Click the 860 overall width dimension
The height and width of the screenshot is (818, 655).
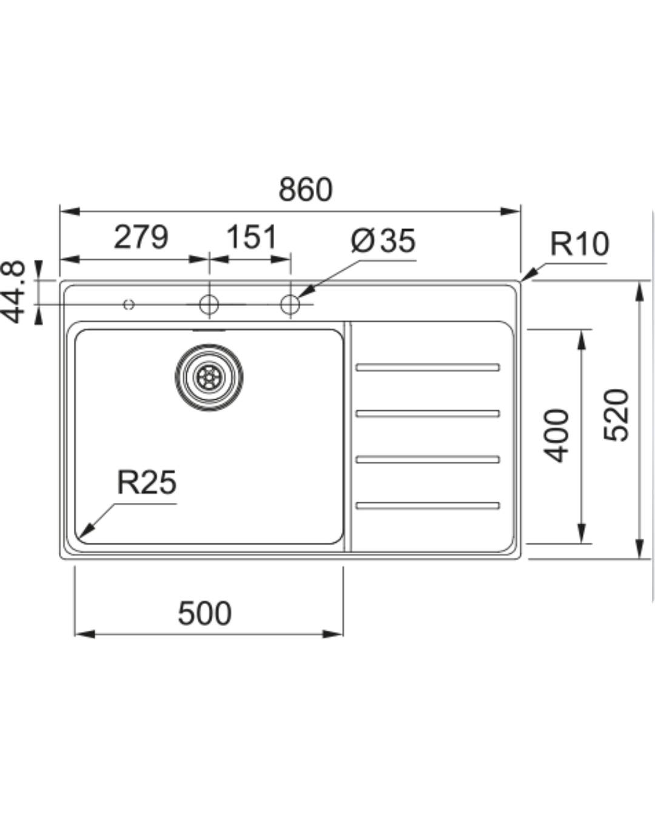click(305, 189)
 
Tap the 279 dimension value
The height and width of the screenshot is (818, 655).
click(141, 237)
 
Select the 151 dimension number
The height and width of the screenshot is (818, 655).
click(252, 237)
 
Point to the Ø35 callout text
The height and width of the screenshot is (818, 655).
click(383, 240)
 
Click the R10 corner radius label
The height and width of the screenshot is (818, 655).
click(580, 244)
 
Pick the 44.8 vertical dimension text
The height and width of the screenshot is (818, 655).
click(13, 291)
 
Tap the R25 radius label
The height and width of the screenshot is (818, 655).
click(147, 482)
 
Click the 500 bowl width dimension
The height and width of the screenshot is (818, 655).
click(205, 613)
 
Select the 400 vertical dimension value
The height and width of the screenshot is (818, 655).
click(556, 436)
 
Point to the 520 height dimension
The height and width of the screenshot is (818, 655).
click(616, 415)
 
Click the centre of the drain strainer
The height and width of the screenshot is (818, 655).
click(209, 377)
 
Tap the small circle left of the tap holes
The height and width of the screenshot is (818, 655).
click(129, 304)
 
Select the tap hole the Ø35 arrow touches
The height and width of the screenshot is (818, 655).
click(290, 304)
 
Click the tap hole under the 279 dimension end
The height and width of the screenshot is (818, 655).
click(209, 304)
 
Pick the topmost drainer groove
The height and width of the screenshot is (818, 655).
click(428, 367)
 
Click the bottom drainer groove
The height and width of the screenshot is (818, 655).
click(428, 505)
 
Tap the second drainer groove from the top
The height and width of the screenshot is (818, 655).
click(428, 414)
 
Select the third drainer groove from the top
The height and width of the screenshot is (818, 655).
click(428, 459)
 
